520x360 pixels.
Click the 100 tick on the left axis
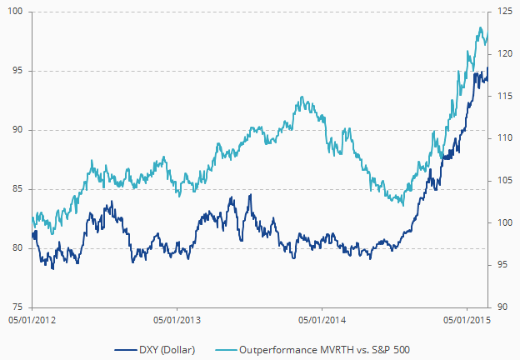tap(16, 12)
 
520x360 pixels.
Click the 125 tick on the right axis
tap(503, 12)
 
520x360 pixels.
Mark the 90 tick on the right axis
tap(501, 307)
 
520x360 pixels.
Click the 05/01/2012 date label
tap(32, 319)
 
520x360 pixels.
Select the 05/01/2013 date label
tap(177, 319)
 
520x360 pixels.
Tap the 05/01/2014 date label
tap(322, 319)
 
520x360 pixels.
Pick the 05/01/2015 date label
tap(466, 319)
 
